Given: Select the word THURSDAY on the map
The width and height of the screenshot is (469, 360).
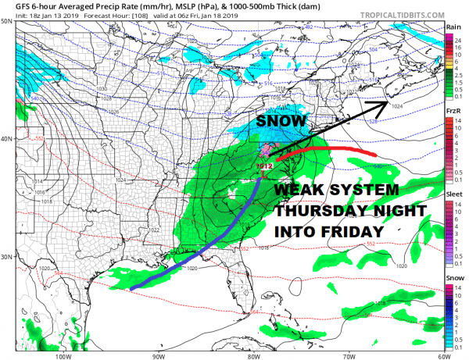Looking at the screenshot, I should [322, 212].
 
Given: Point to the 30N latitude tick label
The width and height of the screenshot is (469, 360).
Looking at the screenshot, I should [7, 256].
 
